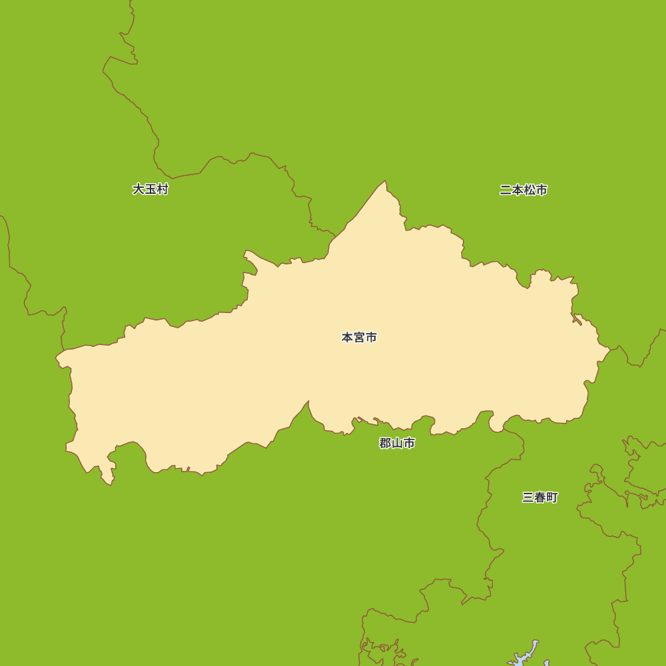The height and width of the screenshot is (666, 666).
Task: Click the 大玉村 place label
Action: coord(151,189)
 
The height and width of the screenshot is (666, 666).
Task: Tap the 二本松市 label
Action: coord(523,190)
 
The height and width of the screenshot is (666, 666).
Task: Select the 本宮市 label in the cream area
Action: coord(359,338)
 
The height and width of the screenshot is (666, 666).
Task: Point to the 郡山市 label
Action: coord(397,444)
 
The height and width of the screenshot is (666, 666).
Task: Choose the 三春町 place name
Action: coord(540,498)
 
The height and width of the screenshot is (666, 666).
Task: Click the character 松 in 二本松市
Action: coord(529,190)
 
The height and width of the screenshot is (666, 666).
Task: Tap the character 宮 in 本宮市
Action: coord(359,338)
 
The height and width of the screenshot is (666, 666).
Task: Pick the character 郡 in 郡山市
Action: coord(385,444)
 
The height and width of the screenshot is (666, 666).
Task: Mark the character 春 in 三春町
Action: coord(540,498)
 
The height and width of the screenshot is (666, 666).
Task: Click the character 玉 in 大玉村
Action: coord(151,189)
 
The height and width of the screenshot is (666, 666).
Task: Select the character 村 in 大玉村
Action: coord(163,189)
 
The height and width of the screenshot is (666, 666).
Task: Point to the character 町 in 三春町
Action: coord(552,498)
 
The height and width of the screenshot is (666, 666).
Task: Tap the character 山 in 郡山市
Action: coord(397,444)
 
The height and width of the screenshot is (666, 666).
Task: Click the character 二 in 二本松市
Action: coord(505,190)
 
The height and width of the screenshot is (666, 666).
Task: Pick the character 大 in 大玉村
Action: coord(139,189)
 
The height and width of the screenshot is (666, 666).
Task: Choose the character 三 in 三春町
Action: coord(528,498)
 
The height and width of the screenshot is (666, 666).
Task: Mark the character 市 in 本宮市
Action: coord(371,338)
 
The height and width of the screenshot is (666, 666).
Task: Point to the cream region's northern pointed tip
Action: coord(384,182)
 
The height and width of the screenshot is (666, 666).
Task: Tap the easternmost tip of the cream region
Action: coord(609,348)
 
